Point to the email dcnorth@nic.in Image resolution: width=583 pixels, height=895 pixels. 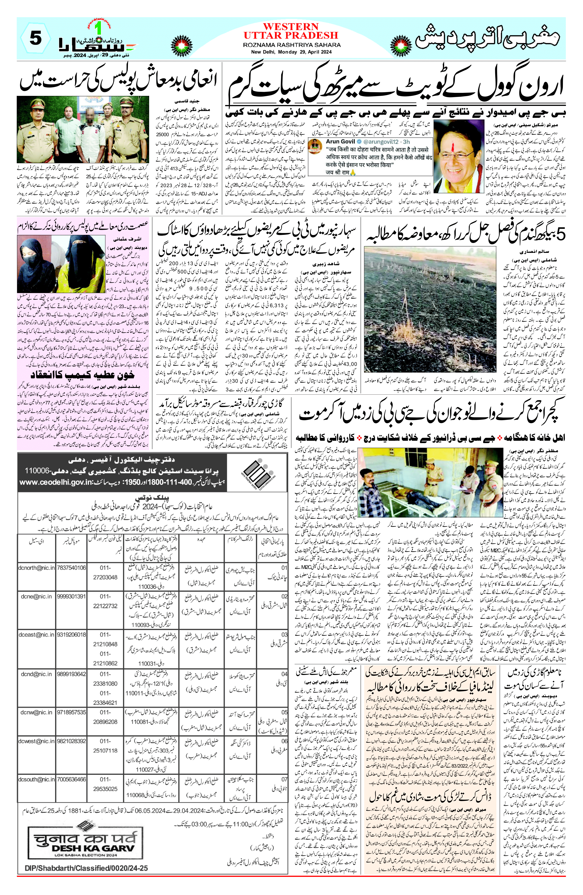tap(36, 567)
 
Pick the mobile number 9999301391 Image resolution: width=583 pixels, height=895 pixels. tap(71, 596)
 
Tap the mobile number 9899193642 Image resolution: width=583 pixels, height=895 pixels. tap(71, 674)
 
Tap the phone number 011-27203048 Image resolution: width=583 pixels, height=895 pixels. tap(105, 572)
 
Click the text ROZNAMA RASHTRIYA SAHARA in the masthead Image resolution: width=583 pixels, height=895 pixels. tap(291, 45)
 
